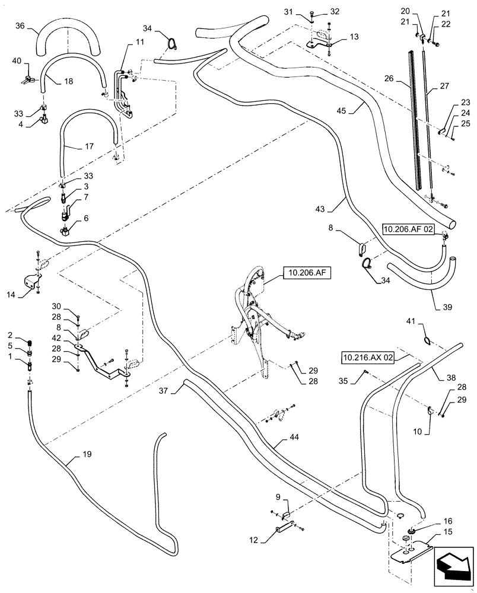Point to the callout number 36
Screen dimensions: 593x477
[20, 27]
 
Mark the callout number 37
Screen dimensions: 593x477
[164, 391]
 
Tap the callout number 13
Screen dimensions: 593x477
[354, 37]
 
